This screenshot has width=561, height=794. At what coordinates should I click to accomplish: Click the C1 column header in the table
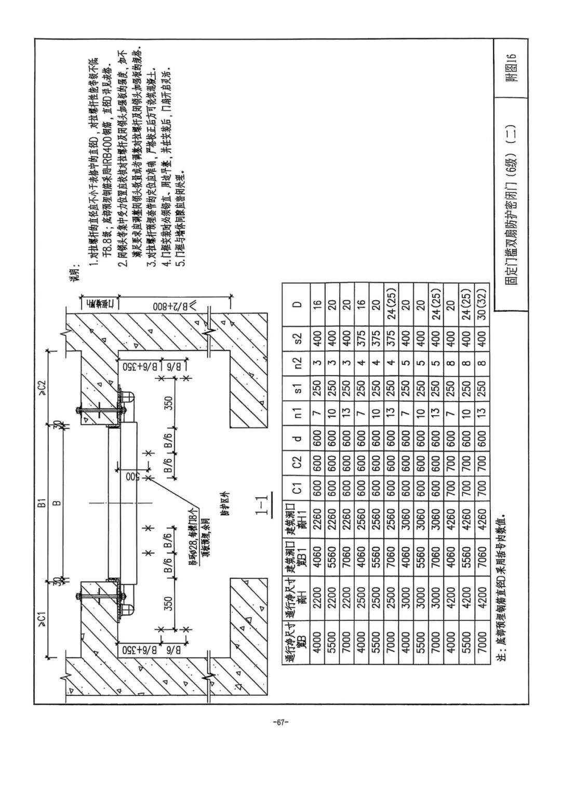(296, 488)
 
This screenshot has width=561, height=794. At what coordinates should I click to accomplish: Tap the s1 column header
(296, 388)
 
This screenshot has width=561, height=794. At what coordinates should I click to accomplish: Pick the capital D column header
(296, 304)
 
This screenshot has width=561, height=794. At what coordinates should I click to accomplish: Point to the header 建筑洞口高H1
(296, 520)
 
